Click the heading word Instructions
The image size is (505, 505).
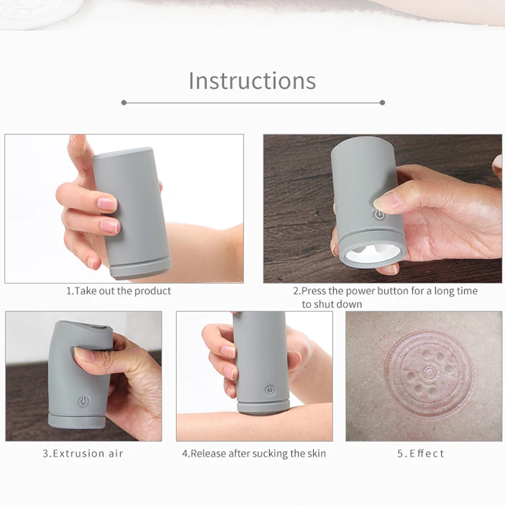click(x=252, y=81)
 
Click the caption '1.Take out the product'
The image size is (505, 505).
click(x=119, y=291)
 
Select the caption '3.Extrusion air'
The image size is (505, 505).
click(x=83, y=453)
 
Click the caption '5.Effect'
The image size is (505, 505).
click(x=421, y=453)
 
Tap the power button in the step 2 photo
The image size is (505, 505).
click(x=379, y=215)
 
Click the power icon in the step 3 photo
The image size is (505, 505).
click(x=83, y=401)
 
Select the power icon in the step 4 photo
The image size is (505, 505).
click(x=270, y=390)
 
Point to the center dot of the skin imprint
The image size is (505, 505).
click(x=429, y=372)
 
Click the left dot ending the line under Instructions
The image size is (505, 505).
click(x=124, y=102)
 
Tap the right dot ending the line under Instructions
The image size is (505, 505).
click(x=382, y=102)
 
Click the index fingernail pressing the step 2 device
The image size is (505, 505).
click(x=386, y=201)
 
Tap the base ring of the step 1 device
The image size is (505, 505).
click(x=140, y=267)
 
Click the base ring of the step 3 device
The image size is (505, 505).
click(x=77, y=420)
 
